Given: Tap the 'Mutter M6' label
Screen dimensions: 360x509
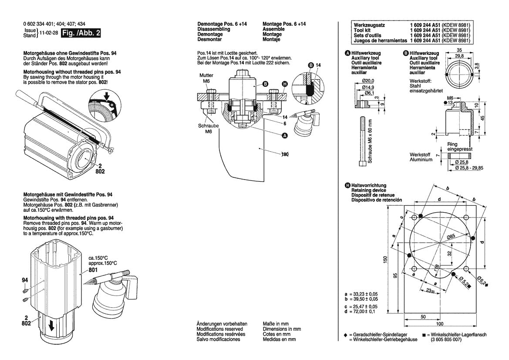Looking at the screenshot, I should [x=207, y=78].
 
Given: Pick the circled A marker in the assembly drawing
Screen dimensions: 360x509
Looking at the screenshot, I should [x=285, y=136].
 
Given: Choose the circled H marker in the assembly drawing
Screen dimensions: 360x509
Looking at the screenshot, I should [x=285, y=84].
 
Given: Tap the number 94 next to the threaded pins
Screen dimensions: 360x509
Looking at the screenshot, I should [x=25, y=279].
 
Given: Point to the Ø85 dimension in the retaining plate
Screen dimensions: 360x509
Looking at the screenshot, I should [x=451, y=236].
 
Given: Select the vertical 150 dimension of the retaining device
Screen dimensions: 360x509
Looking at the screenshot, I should [x=384, y=259].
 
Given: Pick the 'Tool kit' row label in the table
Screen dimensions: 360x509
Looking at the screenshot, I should [x=361, y=30].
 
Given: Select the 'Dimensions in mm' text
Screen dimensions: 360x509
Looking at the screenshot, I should [x=282, y=329].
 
